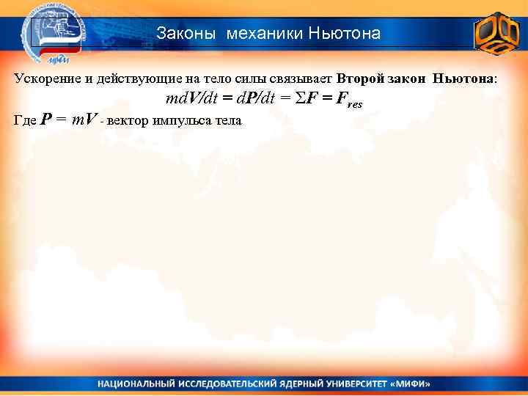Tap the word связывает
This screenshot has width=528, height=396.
tap(301, 78)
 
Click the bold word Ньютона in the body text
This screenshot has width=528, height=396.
tap(463, 78)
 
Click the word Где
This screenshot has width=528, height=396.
tap(26, 121)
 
